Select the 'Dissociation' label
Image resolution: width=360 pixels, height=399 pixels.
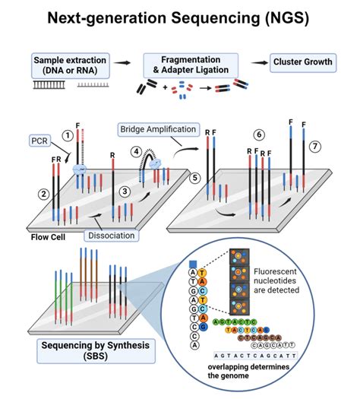click(x=111, y=236)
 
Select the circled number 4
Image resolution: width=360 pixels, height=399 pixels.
click(x=137, y=151)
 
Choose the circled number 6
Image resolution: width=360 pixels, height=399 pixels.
click(x=259, y=134)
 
